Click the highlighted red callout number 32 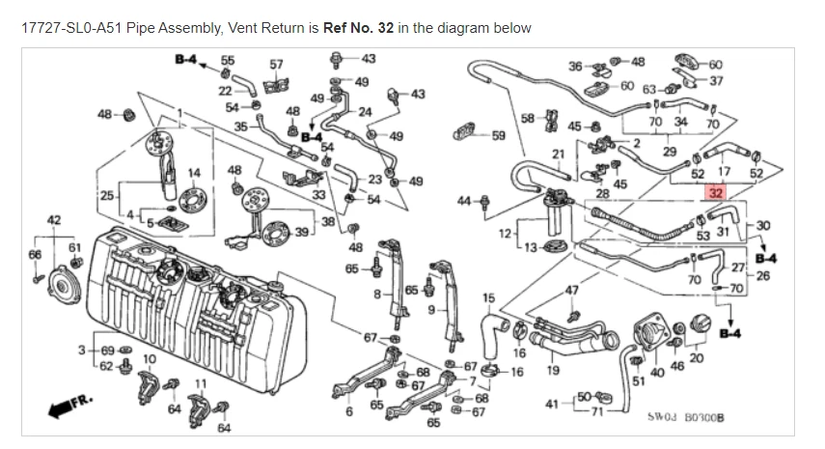(715, 192)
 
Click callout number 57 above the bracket (277, 65)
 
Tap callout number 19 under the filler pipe (553, 369)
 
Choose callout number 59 (499, 135)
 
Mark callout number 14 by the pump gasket (194, 174)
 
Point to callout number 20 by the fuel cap (698, 357)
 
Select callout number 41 (552, 404)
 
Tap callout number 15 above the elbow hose (488, 297)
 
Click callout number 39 (302, 233)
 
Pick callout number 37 (716, 81)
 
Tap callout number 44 (463, 201)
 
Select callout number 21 (558, 154)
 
